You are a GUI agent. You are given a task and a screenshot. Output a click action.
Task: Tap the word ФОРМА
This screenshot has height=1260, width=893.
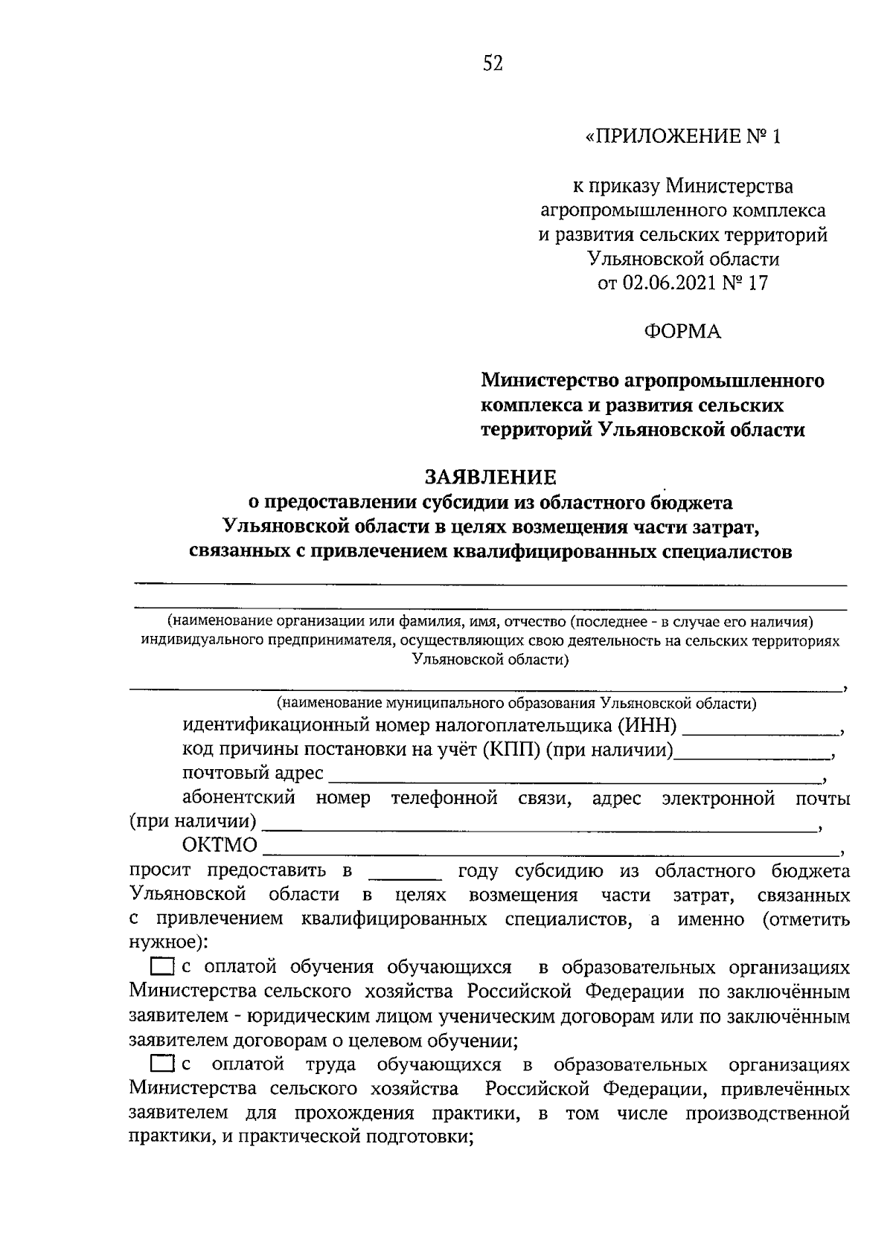(682, 332)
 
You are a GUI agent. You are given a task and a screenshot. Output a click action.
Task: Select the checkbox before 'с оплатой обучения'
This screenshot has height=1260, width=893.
(161, 968)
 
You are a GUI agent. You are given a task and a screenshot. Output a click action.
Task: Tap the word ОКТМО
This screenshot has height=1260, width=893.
(220, 846)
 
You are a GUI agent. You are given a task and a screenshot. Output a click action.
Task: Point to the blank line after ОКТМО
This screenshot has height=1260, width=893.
(551, 854)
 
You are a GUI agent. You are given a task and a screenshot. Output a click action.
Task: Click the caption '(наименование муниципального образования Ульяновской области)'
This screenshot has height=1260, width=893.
(516, 703)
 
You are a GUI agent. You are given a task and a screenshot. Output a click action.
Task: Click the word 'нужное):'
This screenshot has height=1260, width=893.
(168, 942)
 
